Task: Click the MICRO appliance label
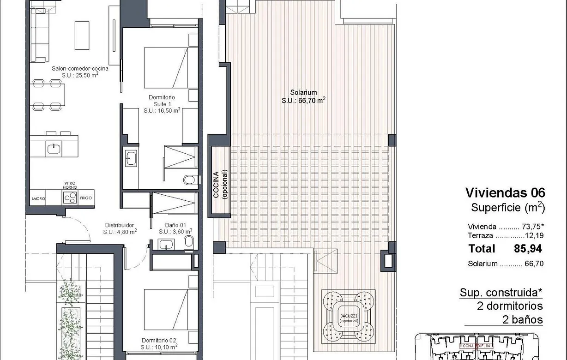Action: pos(38,198)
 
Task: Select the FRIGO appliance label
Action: pos(86,198)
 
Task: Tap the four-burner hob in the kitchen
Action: pos(70,197)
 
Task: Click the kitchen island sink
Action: pos(54,148)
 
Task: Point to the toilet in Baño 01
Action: pos(188,241)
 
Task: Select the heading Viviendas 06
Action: pos(505,192)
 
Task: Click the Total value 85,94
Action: pos(528,249)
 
